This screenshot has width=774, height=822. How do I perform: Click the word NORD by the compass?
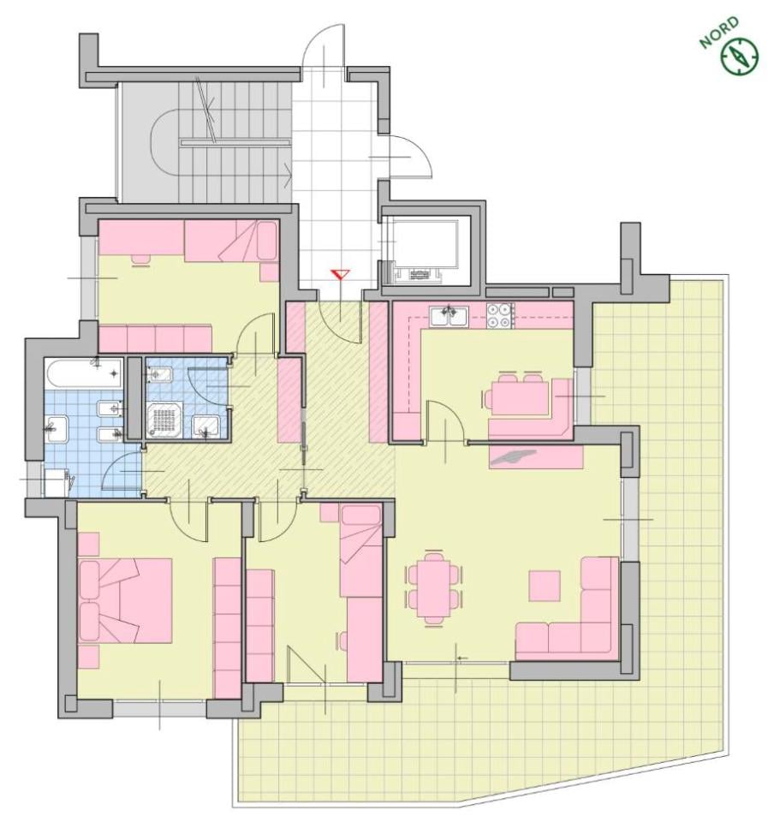[719, 33]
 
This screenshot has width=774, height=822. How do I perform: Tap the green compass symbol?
[740, 56]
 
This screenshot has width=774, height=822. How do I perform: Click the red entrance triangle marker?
[340, 275]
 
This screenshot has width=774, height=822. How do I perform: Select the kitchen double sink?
[448, 317]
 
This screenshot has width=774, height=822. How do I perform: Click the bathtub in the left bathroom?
[84, 373]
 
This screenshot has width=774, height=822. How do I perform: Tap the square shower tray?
[165, 419]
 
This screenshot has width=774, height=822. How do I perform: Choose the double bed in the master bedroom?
[125, 600]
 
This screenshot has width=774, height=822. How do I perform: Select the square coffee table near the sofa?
[545, 586]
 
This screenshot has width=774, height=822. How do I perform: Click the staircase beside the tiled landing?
[205, 142]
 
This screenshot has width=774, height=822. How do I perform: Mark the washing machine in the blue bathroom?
[57, 482]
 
